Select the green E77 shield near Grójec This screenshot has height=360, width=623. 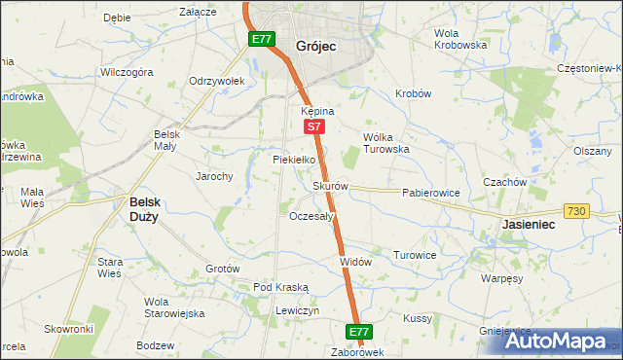pos(260,39)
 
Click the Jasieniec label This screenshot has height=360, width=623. pos(531,224)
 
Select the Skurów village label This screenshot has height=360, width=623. pos(330,186)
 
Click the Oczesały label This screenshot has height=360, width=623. pos(312,216)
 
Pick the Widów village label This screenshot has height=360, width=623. pos(355,262)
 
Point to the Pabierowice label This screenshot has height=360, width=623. pos(430,193)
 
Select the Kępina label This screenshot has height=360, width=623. pos(317,111)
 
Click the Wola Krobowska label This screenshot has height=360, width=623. pos(459,39)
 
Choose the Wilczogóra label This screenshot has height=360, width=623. pos(127,72)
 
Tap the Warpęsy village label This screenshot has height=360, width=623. pos(502,277)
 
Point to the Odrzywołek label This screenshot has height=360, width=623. pos(216,81)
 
